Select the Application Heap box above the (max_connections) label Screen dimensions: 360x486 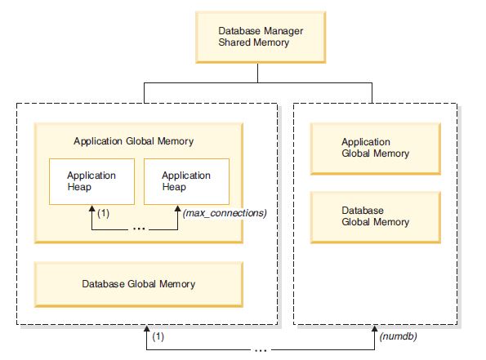pyautogui.click(x=185, y=181)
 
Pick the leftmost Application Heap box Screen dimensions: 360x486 pyautogui.click(x=91, y=181)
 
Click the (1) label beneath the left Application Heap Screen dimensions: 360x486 pyautogui.click(x=103, y=214)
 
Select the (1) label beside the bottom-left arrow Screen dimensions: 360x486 pyautogui.click(x=158, y=336)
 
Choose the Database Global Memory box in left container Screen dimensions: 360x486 pyautogui.click(x=138, y=284)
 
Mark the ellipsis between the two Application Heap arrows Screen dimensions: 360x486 pyautogui.click(x=138, y=229)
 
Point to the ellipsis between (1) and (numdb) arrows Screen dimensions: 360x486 pyautogui.click(x=260, y=349)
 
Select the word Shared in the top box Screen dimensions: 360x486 pyautogui.click(x=234, y=42)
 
